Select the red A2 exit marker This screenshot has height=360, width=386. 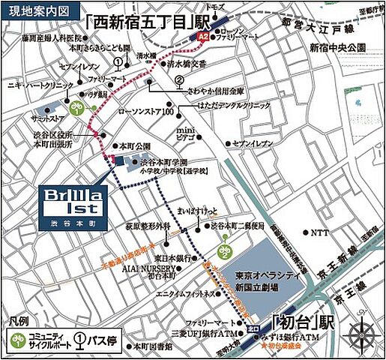pos(202,35)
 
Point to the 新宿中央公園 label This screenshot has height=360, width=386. pos(337,46)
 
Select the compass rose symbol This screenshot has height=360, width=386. pos(364,332)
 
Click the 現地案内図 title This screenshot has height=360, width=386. pos(30,12)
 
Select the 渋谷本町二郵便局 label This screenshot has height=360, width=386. pos(239,225)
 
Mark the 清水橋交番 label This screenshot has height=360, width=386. pos(187,64)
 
